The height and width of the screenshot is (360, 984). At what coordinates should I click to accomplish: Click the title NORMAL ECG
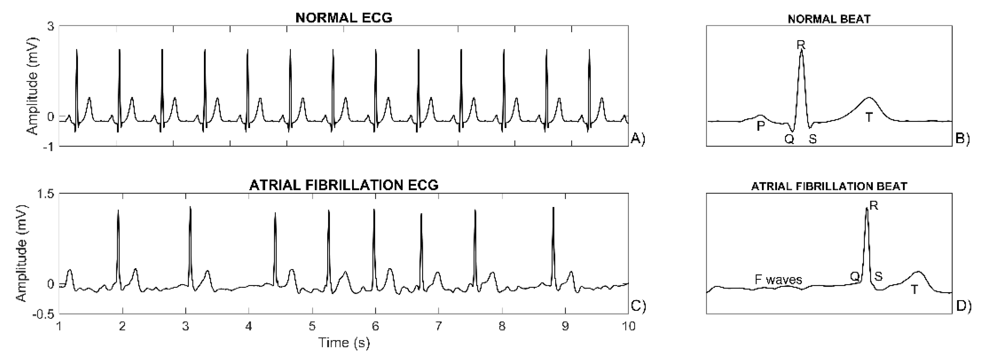(344, 18)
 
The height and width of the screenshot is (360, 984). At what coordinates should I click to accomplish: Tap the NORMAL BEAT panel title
(829, 19)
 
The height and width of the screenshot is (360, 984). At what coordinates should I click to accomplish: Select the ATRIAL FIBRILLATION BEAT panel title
(829, 187)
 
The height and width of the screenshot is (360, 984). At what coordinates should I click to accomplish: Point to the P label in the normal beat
(760, 126)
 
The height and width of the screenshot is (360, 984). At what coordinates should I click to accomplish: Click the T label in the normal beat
(869, 117)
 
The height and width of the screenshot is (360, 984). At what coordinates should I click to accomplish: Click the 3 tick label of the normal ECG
(50, 27)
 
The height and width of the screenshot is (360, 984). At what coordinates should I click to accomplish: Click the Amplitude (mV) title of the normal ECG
(34, 86)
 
